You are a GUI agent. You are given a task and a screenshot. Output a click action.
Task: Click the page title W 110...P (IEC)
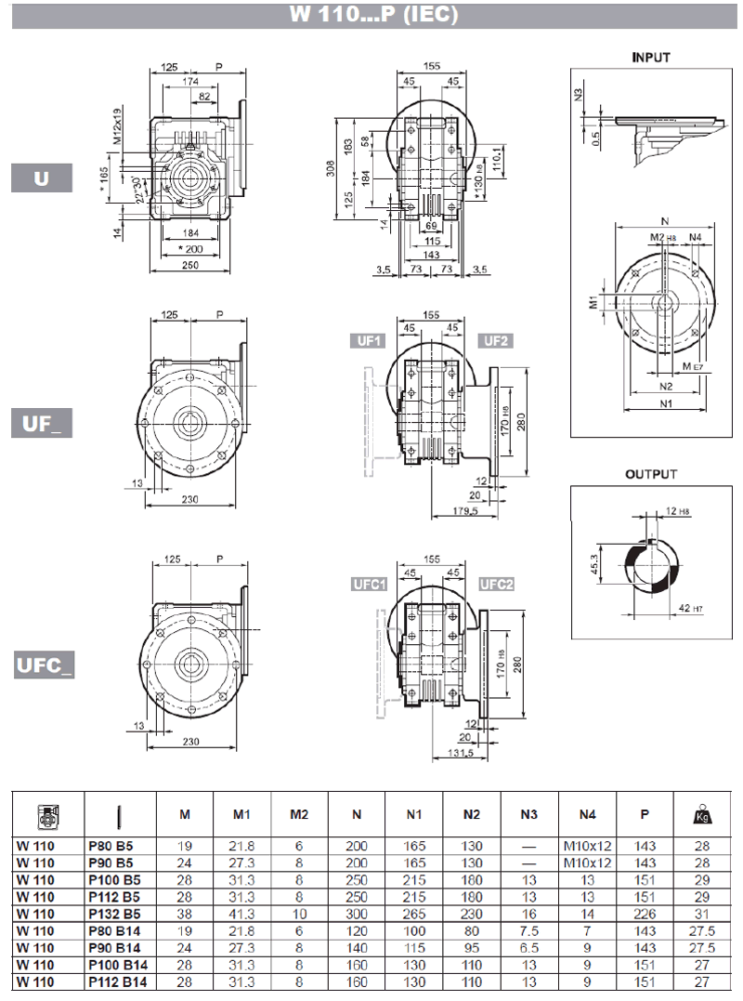[x=371, y=15]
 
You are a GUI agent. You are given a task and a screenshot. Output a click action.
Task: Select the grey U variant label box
[x=42, y=177]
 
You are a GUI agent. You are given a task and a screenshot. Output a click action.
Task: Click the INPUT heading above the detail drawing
[x=651, y=57]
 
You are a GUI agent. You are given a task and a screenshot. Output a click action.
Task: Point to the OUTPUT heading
[x=651, y=474]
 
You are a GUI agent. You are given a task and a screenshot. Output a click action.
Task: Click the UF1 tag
[x=367, y=340]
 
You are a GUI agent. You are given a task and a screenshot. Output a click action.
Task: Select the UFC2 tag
[x=497, y=585]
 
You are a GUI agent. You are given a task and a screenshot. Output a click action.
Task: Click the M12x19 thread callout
[x=118, y=126]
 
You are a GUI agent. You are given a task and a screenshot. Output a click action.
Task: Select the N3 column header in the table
[x=528, y=815]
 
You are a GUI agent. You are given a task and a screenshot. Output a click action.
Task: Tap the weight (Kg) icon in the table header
[x=701, y=815]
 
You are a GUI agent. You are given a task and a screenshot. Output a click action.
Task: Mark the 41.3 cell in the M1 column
[x=241, y=913]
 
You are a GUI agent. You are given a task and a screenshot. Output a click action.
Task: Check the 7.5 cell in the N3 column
[x=528, y=929]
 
